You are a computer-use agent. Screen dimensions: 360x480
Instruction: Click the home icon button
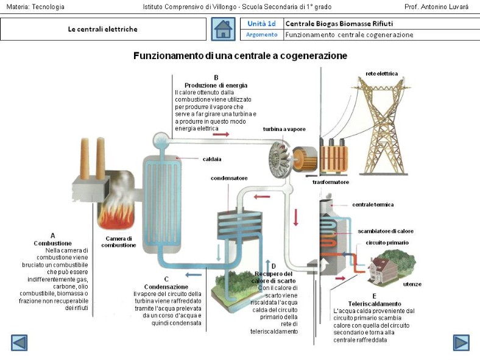[223, 29]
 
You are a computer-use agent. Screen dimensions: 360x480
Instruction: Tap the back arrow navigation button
[19, 343]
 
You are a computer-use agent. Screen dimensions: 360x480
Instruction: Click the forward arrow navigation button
[461, 343]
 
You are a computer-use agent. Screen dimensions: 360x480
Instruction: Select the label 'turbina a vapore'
[284, 129]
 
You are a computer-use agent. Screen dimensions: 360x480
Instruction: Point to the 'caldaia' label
[212, 159]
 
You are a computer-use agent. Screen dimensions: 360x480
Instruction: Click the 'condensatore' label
[229, 178]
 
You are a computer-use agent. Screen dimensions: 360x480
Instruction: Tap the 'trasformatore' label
[331, 182]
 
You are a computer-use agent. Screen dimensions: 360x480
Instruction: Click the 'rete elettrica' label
[381, 74]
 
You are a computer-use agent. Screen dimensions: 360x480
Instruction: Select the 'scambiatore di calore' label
[386, 231]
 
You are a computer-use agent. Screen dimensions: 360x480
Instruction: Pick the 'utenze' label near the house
[412, 284]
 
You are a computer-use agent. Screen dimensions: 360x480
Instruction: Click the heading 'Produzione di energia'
[216, 85]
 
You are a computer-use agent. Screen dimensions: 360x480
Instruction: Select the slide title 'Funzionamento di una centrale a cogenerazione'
[240, 56]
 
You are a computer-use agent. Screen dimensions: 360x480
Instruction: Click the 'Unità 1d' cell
[262, 24]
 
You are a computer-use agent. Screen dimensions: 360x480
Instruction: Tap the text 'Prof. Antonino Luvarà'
[436, 7]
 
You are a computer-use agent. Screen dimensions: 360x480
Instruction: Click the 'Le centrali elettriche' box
[102, 29]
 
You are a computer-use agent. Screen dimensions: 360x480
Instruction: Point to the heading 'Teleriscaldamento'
[374, 303]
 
